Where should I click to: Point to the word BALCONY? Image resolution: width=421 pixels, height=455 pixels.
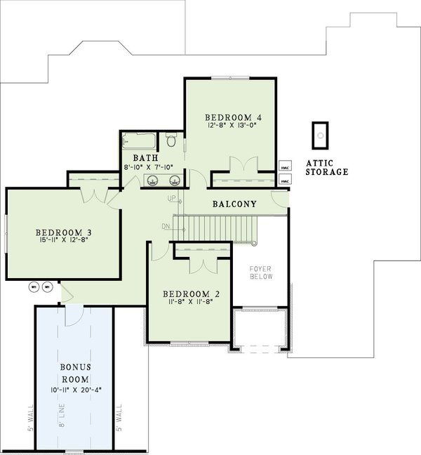click(x=234, y=204)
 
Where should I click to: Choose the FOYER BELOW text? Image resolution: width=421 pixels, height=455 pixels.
click(x=261, y=272)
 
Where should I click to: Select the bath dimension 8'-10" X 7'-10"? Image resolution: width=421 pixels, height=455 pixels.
click(x=152, y=168)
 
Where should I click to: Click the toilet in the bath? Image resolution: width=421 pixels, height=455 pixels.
click(x=171, y=140)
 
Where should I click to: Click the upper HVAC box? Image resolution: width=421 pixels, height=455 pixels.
click(x=284, y=169)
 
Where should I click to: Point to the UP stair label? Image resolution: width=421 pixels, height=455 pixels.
click(x=171, y=199)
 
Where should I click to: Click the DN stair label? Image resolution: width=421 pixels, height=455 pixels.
click(x=165, y=226)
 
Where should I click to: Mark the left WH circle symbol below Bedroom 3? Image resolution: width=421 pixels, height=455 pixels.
click(x=33, y=286)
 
